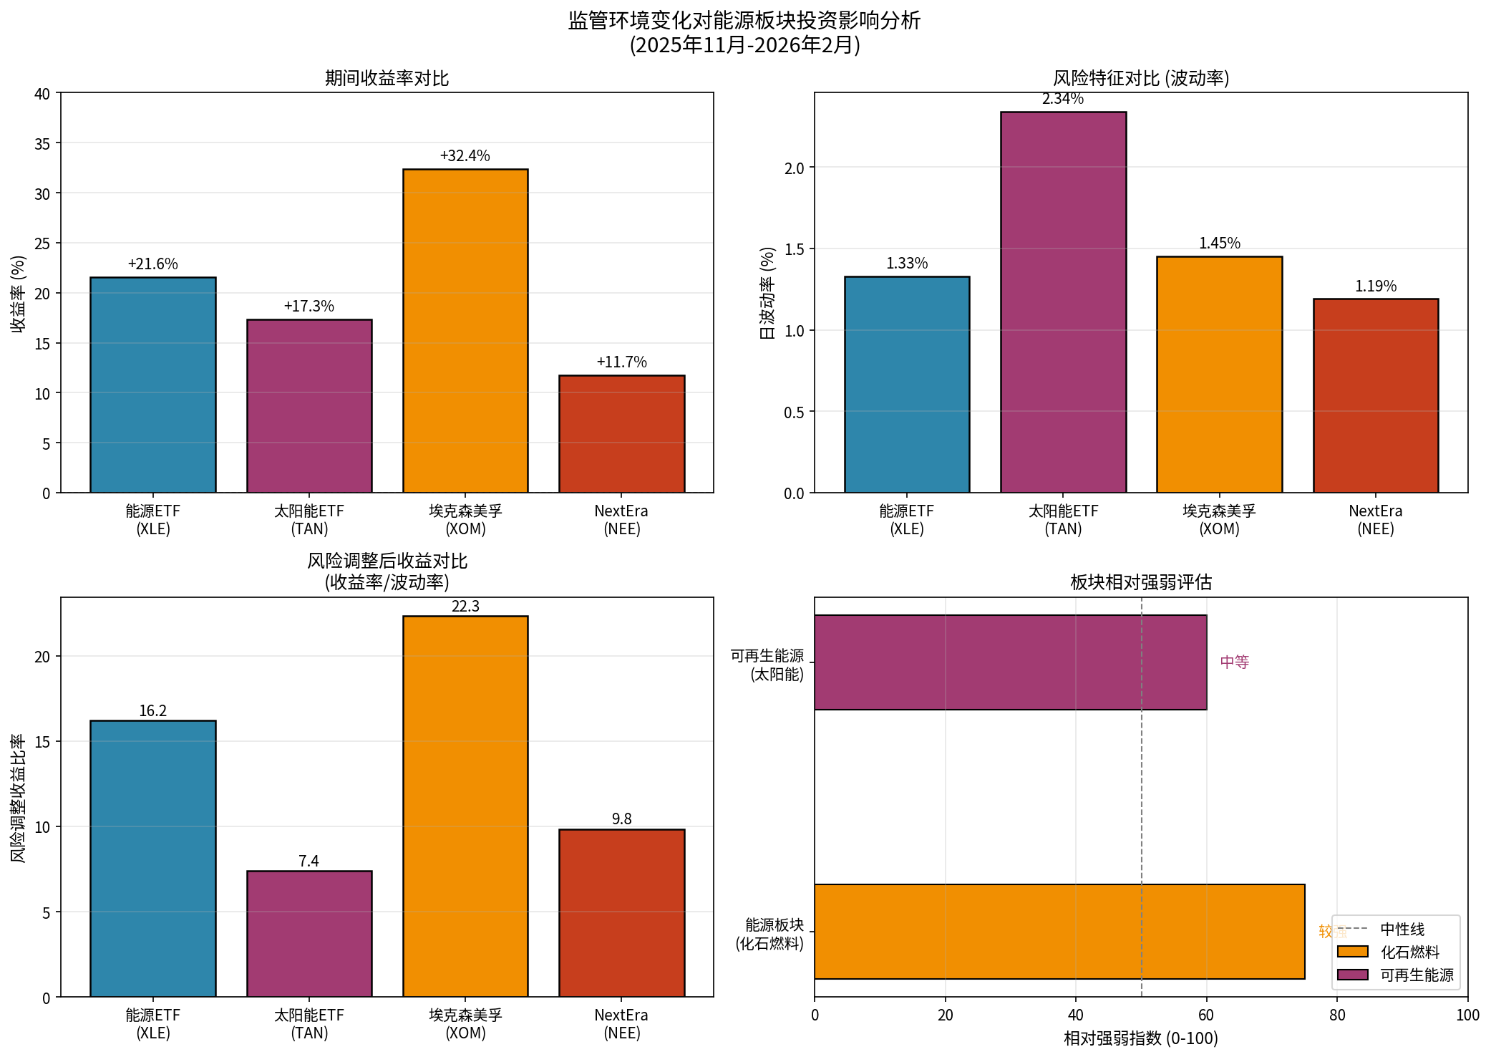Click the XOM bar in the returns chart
point(465,331)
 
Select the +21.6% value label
point(152,264)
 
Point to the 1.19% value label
point(1375,286)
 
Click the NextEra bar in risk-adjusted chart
point(621,912)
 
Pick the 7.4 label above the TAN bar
point(309,861)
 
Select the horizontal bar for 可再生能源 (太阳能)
point(1010,662)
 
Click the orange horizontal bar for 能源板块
point(1059,931)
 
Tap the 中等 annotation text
point(1235,662)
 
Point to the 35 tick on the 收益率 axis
point(42,144)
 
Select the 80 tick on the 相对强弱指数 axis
point(1336,1015)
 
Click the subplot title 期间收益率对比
point(387,78)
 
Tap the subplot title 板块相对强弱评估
point(1140,582)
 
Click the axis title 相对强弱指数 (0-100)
point(1140,1038)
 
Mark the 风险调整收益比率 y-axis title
point(18,798)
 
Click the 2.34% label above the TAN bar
point(1062,99)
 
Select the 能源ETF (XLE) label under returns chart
point(152,520)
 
